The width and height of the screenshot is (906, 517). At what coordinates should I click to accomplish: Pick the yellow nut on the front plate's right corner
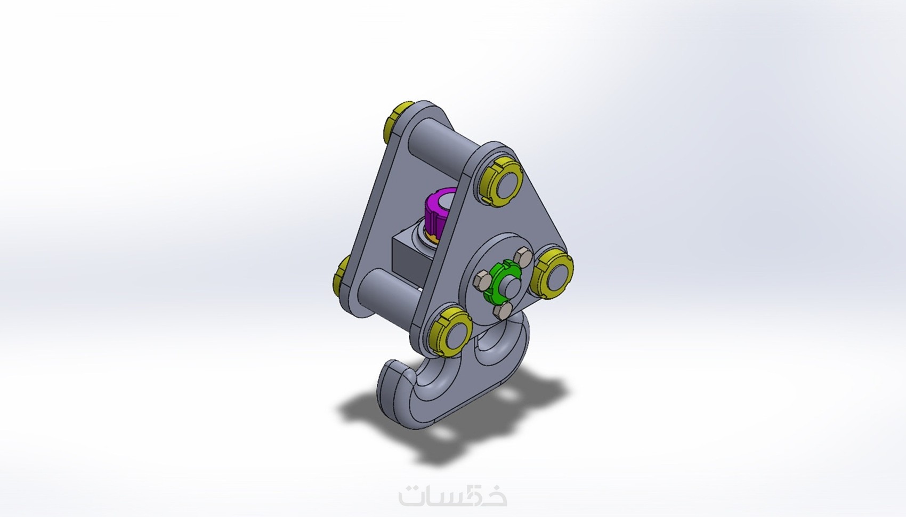[553, 273]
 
